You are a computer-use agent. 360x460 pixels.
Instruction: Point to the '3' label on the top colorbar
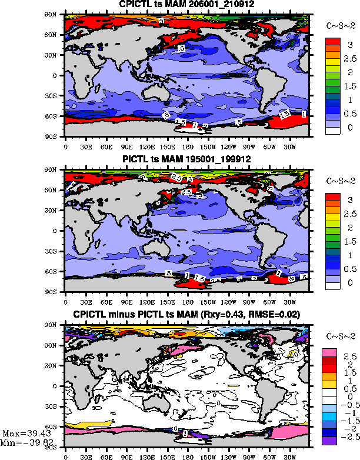point(349,38)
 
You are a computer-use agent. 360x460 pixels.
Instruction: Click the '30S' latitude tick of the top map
point(56,95)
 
